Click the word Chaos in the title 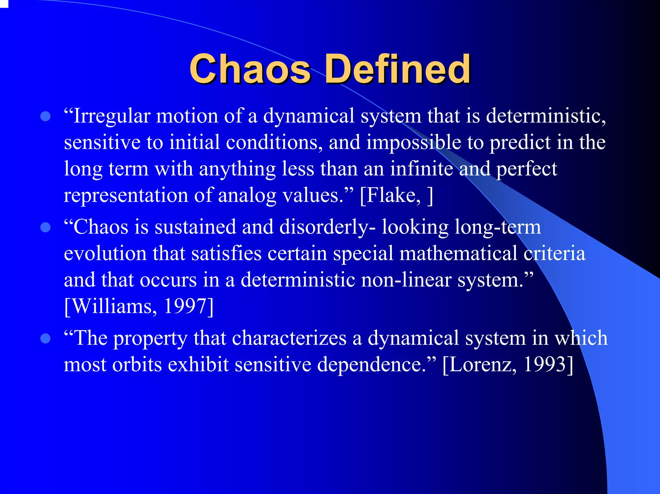(x=250, y=69)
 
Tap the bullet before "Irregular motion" (x=46, y=116)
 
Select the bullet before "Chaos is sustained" (x=46, y=227)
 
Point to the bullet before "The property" (x=46, y=338)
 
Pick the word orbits (x=137, y=365)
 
